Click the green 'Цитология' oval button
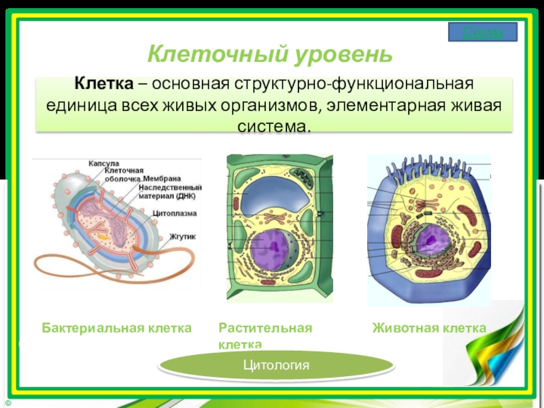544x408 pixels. pos(276,365)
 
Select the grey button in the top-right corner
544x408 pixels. pos(483,32)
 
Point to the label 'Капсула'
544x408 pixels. pos(103,163)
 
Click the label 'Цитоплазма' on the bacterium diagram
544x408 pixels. pos(174,213)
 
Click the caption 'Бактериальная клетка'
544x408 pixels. pos(117,328)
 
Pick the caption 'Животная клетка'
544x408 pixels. pos(429,328)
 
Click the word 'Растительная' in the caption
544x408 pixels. pos(265,328)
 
